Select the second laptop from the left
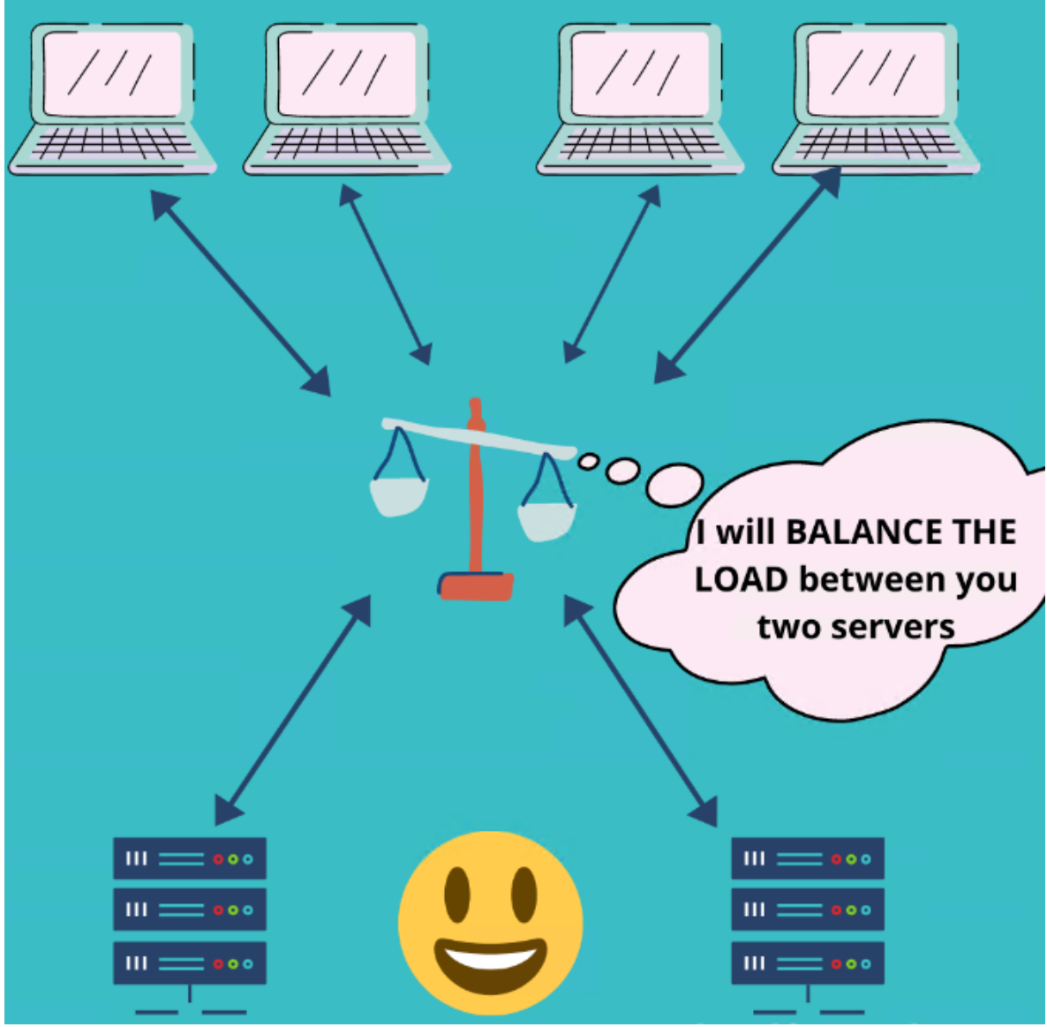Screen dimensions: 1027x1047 [347, 97]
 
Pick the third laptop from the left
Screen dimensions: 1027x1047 [640, 97]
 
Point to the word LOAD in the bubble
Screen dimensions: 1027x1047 [741, 580]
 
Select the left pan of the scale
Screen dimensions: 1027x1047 [399, 495]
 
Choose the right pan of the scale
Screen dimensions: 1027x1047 [546, 519]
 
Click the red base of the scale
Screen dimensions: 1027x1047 [476, 585]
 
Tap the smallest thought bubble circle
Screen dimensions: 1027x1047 [589, 460]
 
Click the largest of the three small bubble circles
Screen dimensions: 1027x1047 [674, 485]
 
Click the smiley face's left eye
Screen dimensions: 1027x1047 [456, 892]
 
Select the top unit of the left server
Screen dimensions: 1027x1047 [190, 858]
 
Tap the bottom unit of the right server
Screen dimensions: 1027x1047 [807, 963]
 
